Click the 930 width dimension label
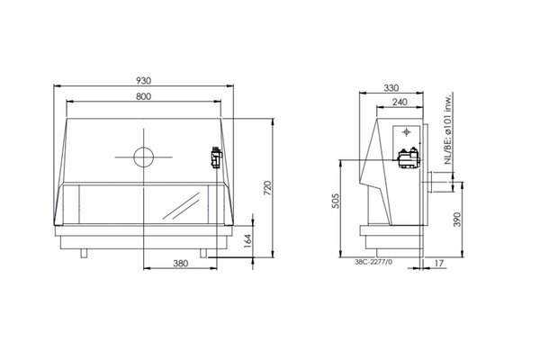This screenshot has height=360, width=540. tap(143, 81)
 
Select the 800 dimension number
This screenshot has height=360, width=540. tap(143, 96)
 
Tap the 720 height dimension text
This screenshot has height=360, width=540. tap(267, 188)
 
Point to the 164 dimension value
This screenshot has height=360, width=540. tap(247, 241)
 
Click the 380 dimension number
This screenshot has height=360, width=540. tap(181, 264)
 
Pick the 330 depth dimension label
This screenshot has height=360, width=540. tap(391, 88)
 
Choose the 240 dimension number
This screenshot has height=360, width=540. tap(400, 102)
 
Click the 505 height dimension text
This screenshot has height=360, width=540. tap(336, 201)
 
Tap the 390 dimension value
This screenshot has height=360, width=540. tap(456, 220)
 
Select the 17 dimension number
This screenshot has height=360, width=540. tap(439, 264)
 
